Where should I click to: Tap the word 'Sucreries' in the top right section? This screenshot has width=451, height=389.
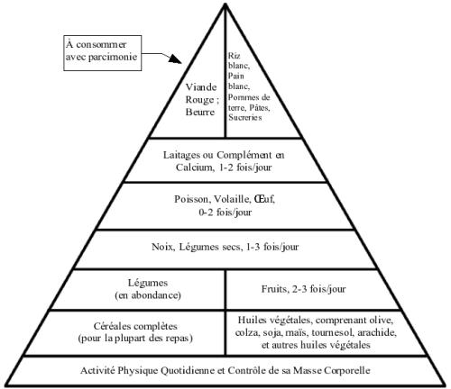coord(245,117)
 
